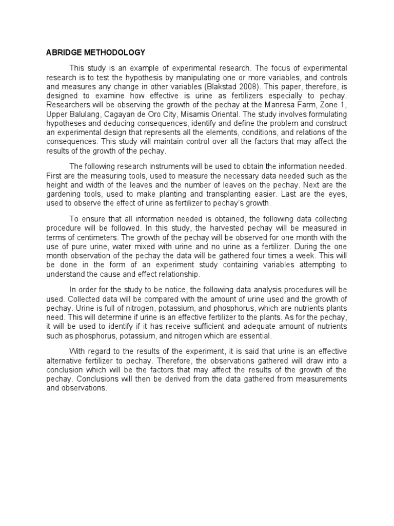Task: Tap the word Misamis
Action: click(207, 115)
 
